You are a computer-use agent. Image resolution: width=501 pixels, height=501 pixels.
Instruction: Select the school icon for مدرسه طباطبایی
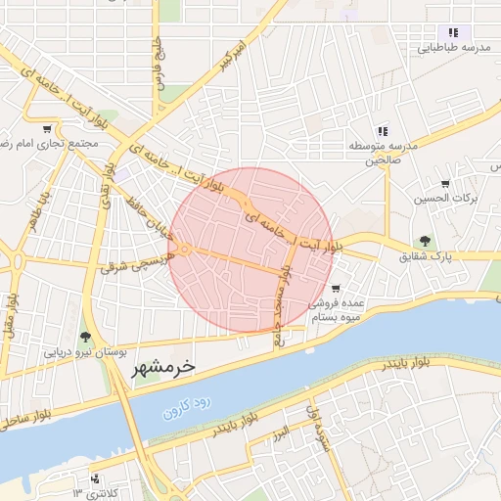coord(453,32)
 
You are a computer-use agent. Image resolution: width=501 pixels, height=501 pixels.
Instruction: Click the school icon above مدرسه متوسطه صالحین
coord(383,130)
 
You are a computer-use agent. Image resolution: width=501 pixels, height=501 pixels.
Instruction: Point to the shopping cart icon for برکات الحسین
coord(445,183)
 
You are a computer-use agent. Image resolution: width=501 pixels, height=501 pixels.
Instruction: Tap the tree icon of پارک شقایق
coord(424,241)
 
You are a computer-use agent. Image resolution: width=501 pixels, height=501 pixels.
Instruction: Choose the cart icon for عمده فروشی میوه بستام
coord(336,289)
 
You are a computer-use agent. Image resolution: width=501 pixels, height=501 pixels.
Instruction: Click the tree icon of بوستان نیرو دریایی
coord(86,338)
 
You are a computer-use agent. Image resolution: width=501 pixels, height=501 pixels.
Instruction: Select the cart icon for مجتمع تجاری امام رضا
coord(47,128)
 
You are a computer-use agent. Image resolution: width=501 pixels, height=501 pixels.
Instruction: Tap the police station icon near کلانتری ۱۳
coord(95,478)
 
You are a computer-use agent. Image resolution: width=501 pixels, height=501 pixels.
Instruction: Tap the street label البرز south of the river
coord(281,431)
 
